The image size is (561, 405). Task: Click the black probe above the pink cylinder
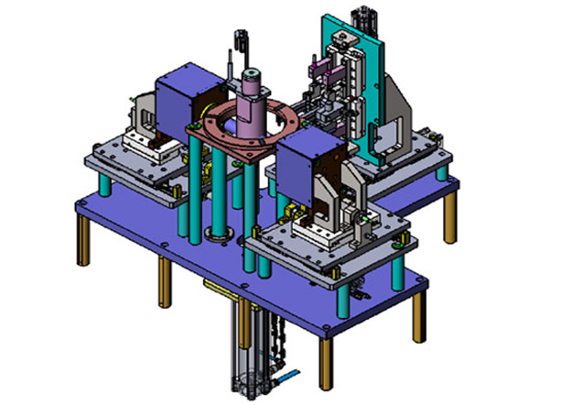(240, 42)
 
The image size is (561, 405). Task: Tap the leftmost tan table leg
(84, 244)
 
